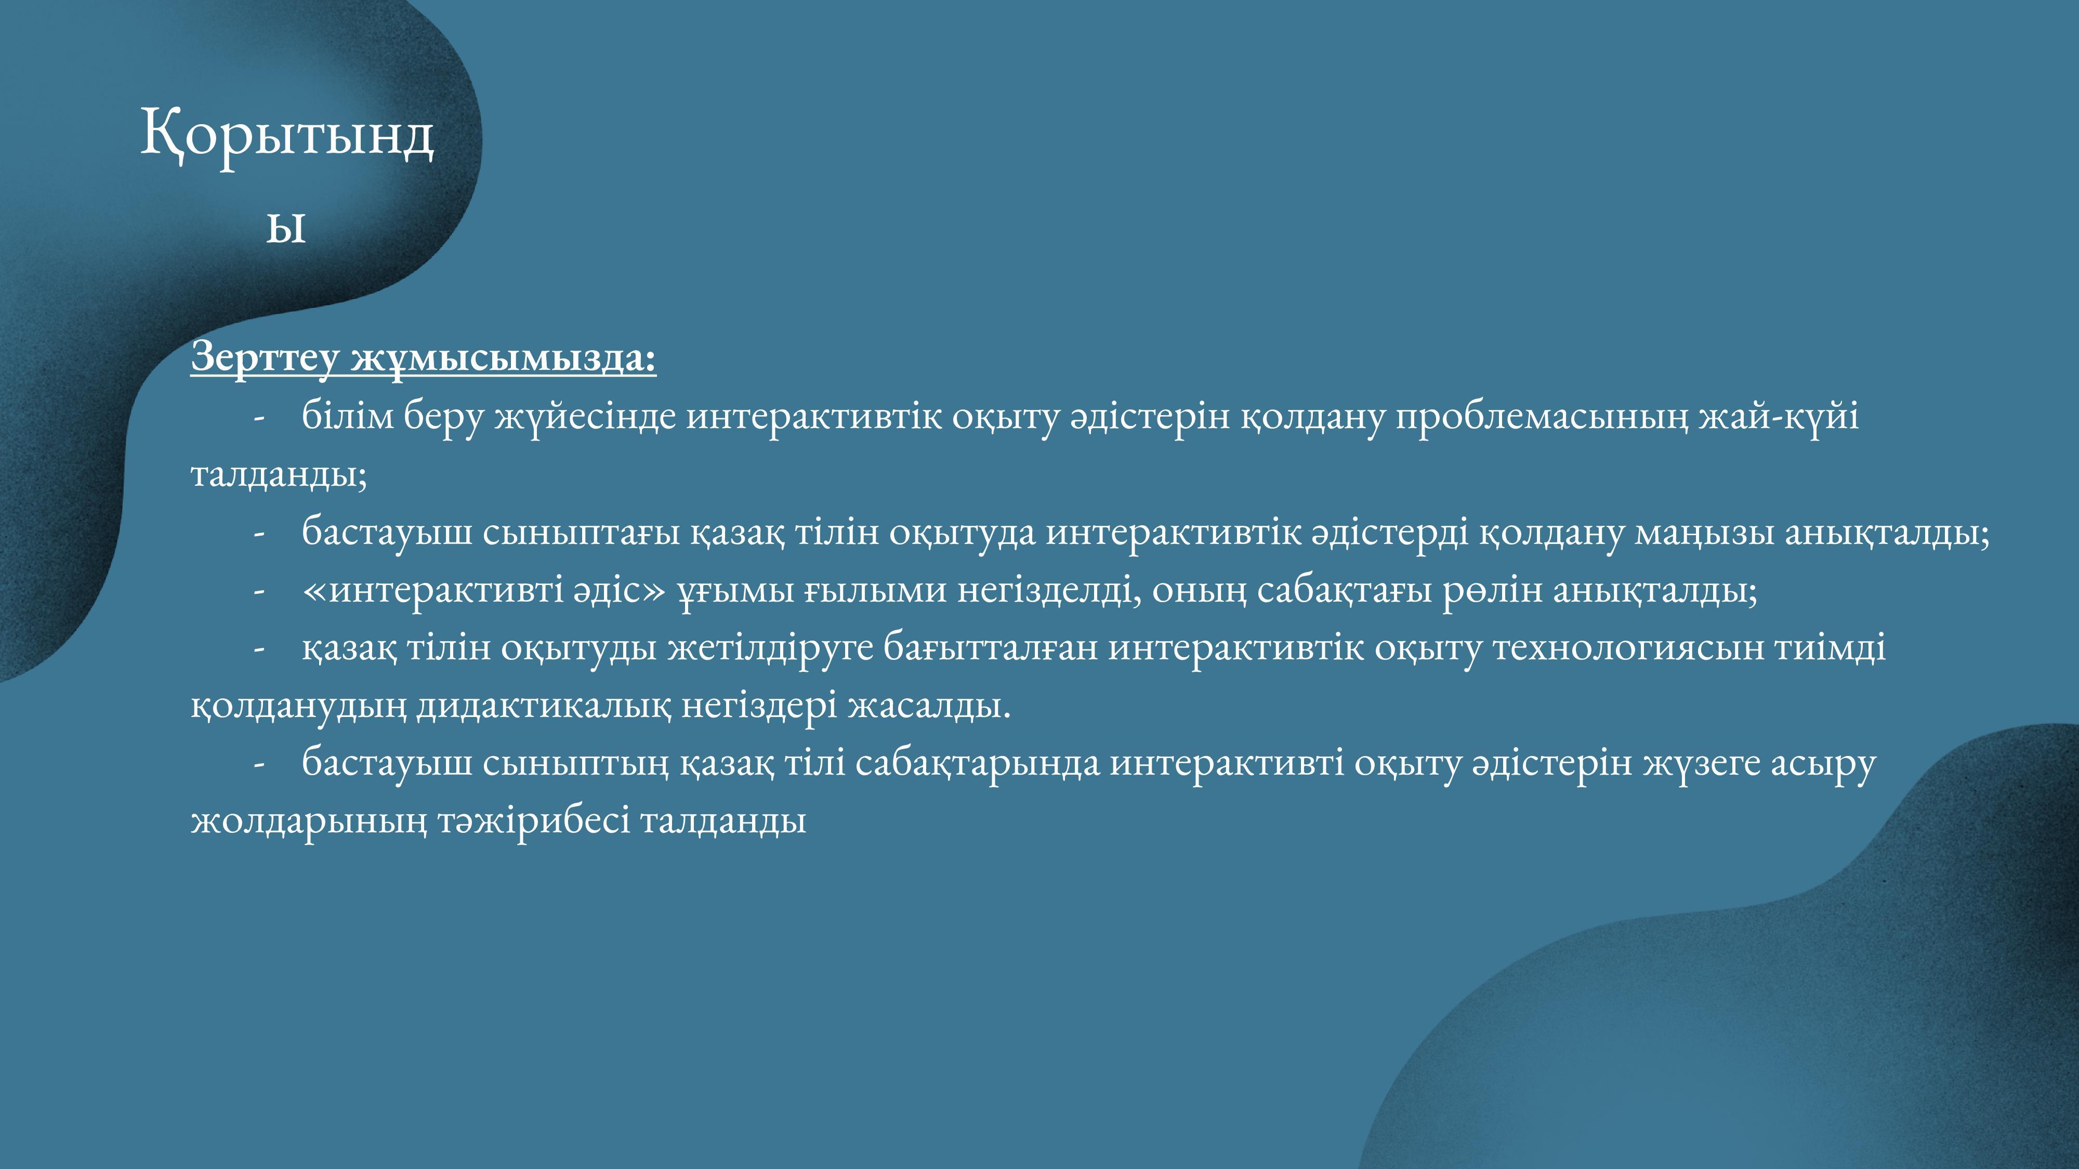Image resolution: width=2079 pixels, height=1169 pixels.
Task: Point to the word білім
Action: [x=348, y=416]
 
